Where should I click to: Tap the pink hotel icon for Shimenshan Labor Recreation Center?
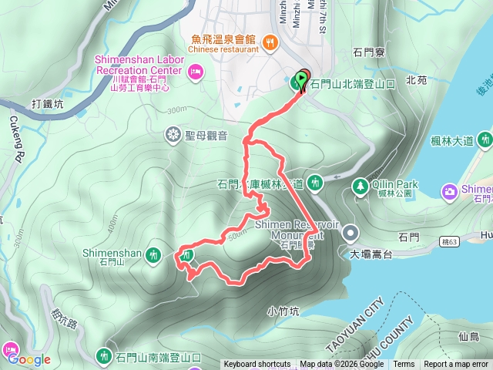click(x=196, y=72)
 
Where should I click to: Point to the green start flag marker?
click(x=299, y=79)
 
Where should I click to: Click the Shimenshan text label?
click(x=112, y=252)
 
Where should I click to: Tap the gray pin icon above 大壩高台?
click(x=350, y=231)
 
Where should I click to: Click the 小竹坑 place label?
click(x=283, y=311)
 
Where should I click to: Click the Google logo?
click(x=29, y=359)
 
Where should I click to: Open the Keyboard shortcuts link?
click(x=257, y=365)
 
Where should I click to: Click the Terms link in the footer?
click(x=404, y=365)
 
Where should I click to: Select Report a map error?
click(x=456, y=365)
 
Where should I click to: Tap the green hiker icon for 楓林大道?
click(x=485, y=140)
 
